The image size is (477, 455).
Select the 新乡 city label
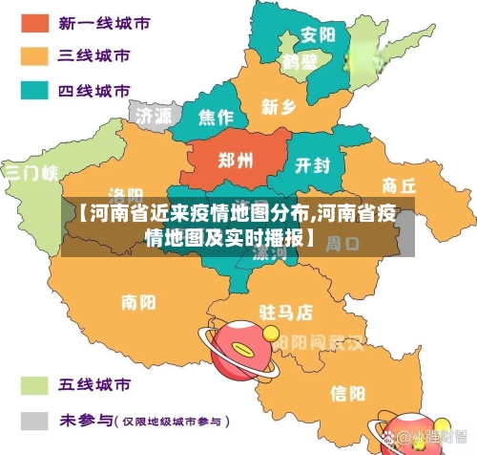pyautogui.click(x=278, y=106)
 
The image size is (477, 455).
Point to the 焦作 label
pyautogui.click(x=215, y=118)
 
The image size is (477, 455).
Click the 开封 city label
pyautogui.click(x=312, y=165)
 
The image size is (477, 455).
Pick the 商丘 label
pyautogui.click(x=398, y=184)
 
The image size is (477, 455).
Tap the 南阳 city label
pyautogui.click(x=139, y=303)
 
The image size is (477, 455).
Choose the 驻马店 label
pyautogui.click(x=285, y=312)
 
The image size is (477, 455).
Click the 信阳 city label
pyautogui.click(x=347, y=393)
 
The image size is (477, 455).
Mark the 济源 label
pyautogui.click(x=154, y=116)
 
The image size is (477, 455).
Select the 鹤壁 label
pyautogui.click(x=299, y=62)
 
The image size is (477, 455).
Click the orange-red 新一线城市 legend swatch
pyautogui.click(x=37, y=21)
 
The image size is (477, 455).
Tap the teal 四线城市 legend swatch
pyautogui.click(x=37, y=92)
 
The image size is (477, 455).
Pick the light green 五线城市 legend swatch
pyautogui.click(x=37, y=385)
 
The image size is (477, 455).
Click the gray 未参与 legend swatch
pyautogui.click(x=37, y=420)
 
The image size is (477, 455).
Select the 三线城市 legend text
pyautogui.click(x=94, y=56)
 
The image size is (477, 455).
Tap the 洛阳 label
pyautogui.click(x=125, y=194)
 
